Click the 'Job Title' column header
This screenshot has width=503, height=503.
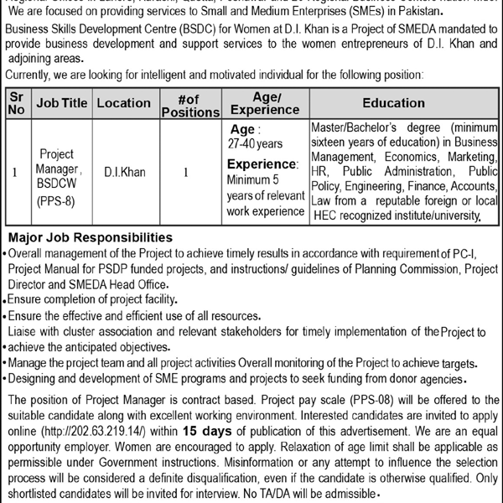[x=62, y=103]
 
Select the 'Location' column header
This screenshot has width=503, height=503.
[x=123, y=103]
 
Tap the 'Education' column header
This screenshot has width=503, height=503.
[x=393, y=103]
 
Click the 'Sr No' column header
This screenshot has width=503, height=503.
[x=18, y=103]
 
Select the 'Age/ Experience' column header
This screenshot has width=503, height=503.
[x=265, y=103]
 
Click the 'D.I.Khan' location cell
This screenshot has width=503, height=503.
[x=124, y=173]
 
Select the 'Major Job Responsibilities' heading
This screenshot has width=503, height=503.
[x=91, y=238]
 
